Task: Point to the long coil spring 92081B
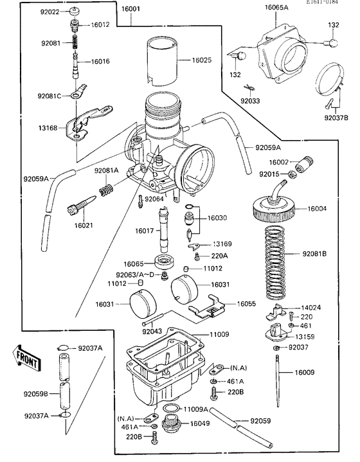(279, 254)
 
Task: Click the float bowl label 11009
(219, 335)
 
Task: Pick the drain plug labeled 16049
(172, 424)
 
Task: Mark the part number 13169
(224, 244)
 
